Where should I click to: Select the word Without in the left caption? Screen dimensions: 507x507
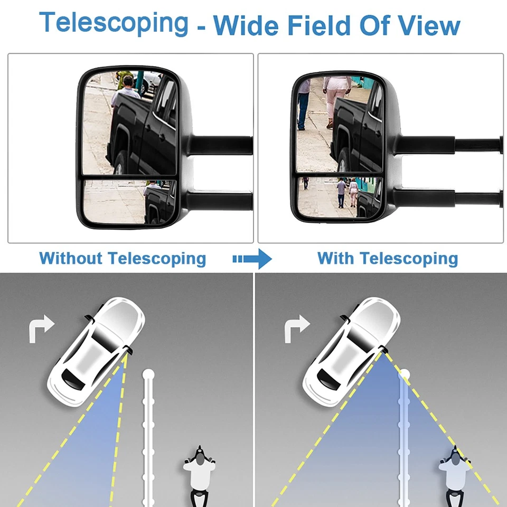coord(70,258)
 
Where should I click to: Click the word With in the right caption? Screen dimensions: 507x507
coord(336,258)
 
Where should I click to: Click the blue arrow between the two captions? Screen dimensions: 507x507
coord(252,259)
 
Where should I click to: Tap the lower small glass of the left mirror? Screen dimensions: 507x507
coord(129,201)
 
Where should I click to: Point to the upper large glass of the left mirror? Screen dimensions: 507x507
coord(129,124)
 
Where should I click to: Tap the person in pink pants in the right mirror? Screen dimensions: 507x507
coord(336,98)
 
